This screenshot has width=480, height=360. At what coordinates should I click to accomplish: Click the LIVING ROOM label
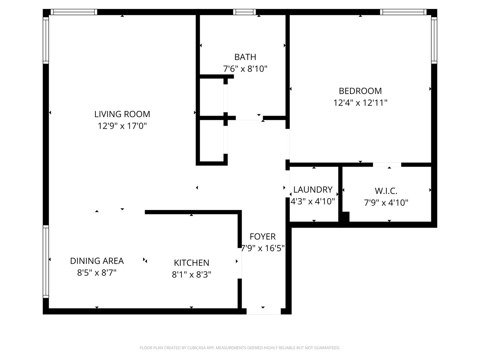click(122, 114)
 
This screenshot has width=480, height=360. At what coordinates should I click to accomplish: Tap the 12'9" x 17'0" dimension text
click(122, 126)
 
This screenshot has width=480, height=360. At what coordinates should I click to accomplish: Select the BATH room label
click(245, 57)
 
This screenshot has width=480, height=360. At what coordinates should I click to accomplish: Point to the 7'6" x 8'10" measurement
click(245, 69)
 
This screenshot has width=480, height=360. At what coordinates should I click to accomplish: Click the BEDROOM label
click(360, 91)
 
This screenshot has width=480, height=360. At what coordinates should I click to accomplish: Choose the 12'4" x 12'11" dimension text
click(360, 103)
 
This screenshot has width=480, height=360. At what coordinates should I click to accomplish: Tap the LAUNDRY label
click(313, 190)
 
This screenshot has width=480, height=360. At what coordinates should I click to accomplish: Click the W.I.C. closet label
click(386, 191)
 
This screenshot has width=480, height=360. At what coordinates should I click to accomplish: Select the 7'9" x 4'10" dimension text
click(386, 203)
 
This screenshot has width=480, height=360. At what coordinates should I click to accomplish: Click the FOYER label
click(263, 237)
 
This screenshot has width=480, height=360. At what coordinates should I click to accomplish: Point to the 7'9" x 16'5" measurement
click(263, 248)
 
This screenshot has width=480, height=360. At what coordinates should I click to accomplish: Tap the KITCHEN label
click(191, 263)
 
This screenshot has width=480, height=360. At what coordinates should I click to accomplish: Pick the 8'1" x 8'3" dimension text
click(191, 275)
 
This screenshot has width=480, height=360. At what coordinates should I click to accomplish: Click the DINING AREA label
click(97, 261)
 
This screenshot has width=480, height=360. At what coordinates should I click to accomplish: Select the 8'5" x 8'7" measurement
click(97, 273)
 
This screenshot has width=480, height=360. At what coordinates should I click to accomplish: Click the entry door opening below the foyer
click(263, 311)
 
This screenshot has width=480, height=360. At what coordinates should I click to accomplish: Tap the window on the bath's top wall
click(244, 12)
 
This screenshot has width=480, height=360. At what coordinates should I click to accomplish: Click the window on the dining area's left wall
click(46, 261)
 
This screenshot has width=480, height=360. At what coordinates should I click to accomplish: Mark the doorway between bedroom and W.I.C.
click(387, 165)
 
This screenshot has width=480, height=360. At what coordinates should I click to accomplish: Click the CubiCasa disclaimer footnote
click(240, 348)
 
